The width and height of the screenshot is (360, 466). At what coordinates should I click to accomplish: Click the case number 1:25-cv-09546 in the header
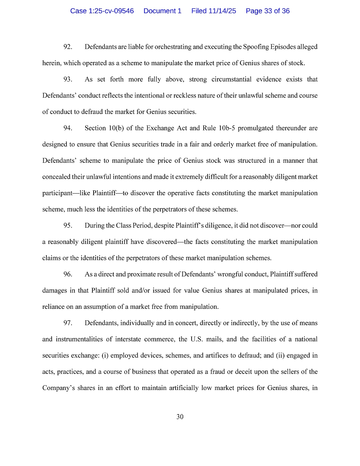point(102,11)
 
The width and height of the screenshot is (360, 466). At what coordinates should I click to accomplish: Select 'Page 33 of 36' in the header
point(268,11)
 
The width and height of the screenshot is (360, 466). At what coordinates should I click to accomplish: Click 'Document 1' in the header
point(162,11)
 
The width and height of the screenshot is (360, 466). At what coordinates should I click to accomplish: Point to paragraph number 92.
point(68,47)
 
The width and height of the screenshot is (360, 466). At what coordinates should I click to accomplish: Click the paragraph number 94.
point(68,128)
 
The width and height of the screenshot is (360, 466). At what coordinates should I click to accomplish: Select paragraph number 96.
point(68,274)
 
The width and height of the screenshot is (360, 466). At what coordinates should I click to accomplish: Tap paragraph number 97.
point(68,323)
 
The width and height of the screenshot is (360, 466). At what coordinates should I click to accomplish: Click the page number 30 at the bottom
point(180,417)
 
